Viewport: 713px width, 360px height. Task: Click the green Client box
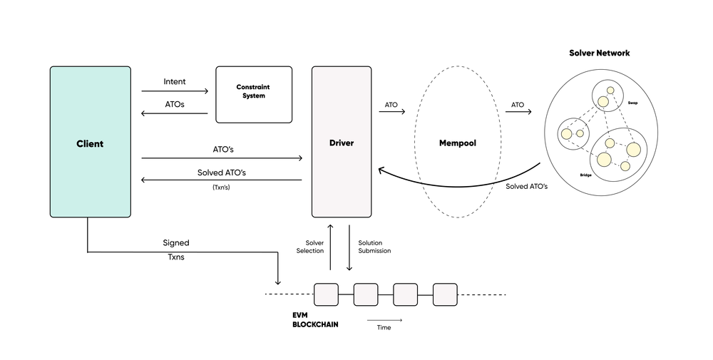click(90, 143)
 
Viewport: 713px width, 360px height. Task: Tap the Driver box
click(341, 143)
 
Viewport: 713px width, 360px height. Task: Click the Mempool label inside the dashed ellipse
click(457, 143)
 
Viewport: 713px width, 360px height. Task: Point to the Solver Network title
click(599, 53)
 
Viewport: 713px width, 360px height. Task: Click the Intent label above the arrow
click(175, 82)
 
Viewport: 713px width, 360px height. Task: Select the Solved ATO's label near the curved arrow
click(526, 186)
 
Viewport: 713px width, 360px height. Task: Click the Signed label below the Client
click(176, 242)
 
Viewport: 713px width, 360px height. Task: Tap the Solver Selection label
click(309, 247)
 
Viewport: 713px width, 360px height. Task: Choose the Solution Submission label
click(374, 247)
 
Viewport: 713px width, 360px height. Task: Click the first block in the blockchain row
click(325, 294)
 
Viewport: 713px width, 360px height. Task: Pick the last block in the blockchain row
click(445, 294)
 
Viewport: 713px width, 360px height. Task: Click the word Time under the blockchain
click(384, 327)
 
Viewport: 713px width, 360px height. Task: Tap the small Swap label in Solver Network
click(632, 103)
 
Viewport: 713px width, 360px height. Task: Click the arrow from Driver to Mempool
click(391, 112)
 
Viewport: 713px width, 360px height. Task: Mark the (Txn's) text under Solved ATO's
click(222, 187)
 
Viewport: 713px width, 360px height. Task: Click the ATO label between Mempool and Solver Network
click(517, 105)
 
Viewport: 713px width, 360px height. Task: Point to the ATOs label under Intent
click(175, 105)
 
